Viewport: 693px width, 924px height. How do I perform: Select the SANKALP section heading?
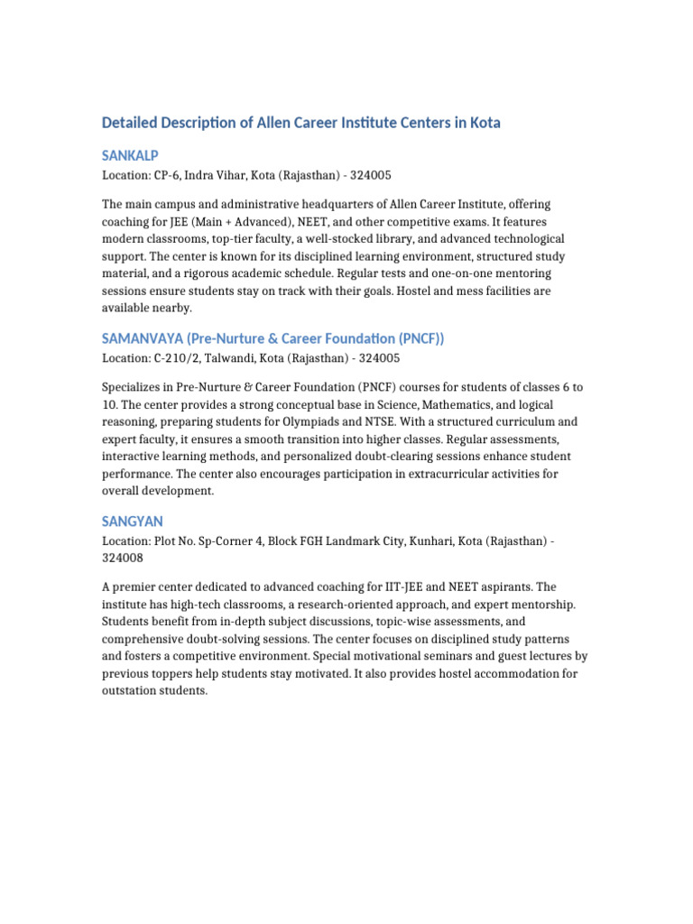pyautogui.click(x=130, y=156)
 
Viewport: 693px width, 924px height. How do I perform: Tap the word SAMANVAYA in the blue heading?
pyautogui.click(x=142, y=338)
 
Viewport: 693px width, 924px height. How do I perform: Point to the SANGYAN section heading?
pyautogui.click(x=132, y=522)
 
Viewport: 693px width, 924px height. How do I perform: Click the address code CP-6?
pyautogui.click(x=168, y=174)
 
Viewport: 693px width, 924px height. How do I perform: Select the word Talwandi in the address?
pyautogui.click(x=235, y=357)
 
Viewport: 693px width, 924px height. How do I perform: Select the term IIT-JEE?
pyautogui.click(x=401, y=587)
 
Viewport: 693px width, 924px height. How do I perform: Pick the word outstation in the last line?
pyautogui.click(x=133, y=691)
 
